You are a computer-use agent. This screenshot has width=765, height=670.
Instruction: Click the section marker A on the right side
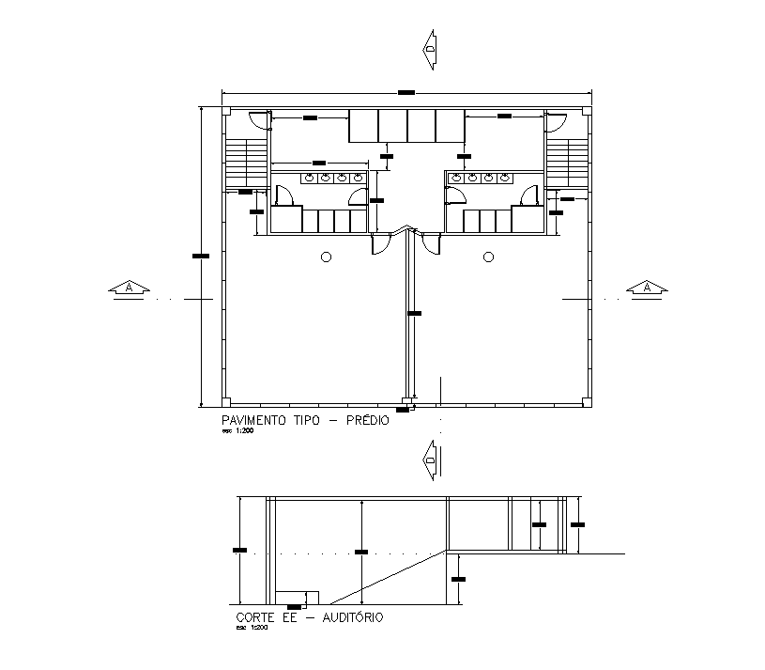click(647, 288)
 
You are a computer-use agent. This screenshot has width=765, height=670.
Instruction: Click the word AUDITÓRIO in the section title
click(353, 617)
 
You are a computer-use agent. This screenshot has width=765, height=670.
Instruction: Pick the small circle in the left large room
click(326, 257)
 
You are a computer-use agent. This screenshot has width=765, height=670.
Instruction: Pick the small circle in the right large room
click(488, 257)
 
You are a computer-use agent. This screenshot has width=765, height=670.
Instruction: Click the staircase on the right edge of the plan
click(567, 164)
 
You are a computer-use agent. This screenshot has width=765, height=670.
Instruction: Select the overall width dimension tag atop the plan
click(405, 91)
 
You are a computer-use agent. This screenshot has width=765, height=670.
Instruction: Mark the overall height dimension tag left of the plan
click(199, 255)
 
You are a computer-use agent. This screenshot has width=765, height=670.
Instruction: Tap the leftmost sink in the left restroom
click(308, 177)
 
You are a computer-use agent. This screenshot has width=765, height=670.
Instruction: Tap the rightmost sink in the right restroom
click(504, 177)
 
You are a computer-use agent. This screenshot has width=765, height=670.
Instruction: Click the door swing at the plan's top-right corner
click(556, 119)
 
